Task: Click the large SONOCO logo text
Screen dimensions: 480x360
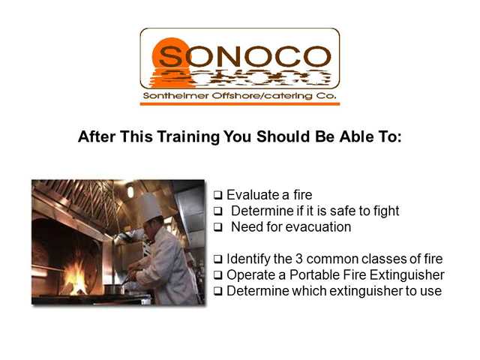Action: coord(244,57)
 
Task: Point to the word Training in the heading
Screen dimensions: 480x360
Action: coord(188,136)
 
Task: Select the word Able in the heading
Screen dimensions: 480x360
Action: coord(356,136)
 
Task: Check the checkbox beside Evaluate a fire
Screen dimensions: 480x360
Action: coord(218,195)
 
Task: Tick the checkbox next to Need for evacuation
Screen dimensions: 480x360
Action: coord(218,227)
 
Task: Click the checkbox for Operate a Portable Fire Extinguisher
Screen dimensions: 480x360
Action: coord(218,275)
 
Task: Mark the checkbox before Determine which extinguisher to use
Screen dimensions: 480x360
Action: coord(218,291)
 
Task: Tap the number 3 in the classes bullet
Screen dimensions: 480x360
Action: coord(298,259)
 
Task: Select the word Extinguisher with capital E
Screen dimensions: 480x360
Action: coord(407,275)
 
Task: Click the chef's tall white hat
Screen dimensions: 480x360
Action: coord(149,207)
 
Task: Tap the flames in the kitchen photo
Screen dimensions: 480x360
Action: coord(75,278)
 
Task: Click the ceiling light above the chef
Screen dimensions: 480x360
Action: coord(130,192)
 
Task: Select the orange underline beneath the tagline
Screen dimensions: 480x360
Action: coord(240,104)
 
